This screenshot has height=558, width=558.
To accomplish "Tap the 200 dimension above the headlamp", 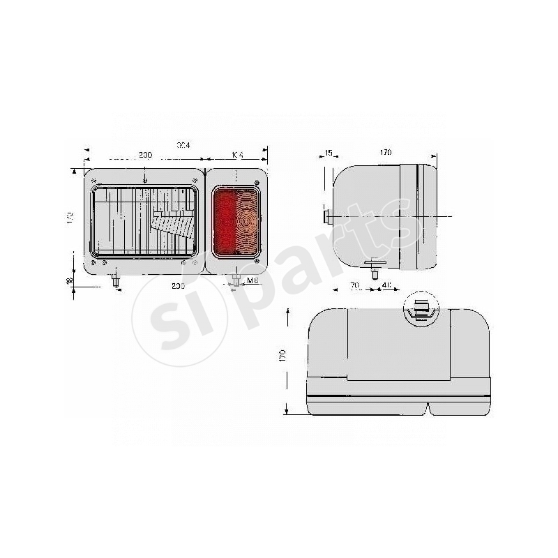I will [x=145, y=155].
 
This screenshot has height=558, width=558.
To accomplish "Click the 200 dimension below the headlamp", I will [x=177, y=287].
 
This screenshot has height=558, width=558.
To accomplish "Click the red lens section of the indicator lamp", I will [x=225, y=223].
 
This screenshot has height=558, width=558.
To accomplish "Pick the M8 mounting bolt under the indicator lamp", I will [x=235, y=280].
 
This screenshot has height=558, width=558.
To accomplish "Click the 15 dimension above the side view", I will [x=329, y=153].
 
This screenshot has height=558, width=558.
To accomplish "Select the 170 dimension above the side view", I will [x=386, y=153].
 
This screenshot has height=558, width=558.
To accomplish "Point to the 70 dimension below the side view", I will [x=354, y=286].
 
